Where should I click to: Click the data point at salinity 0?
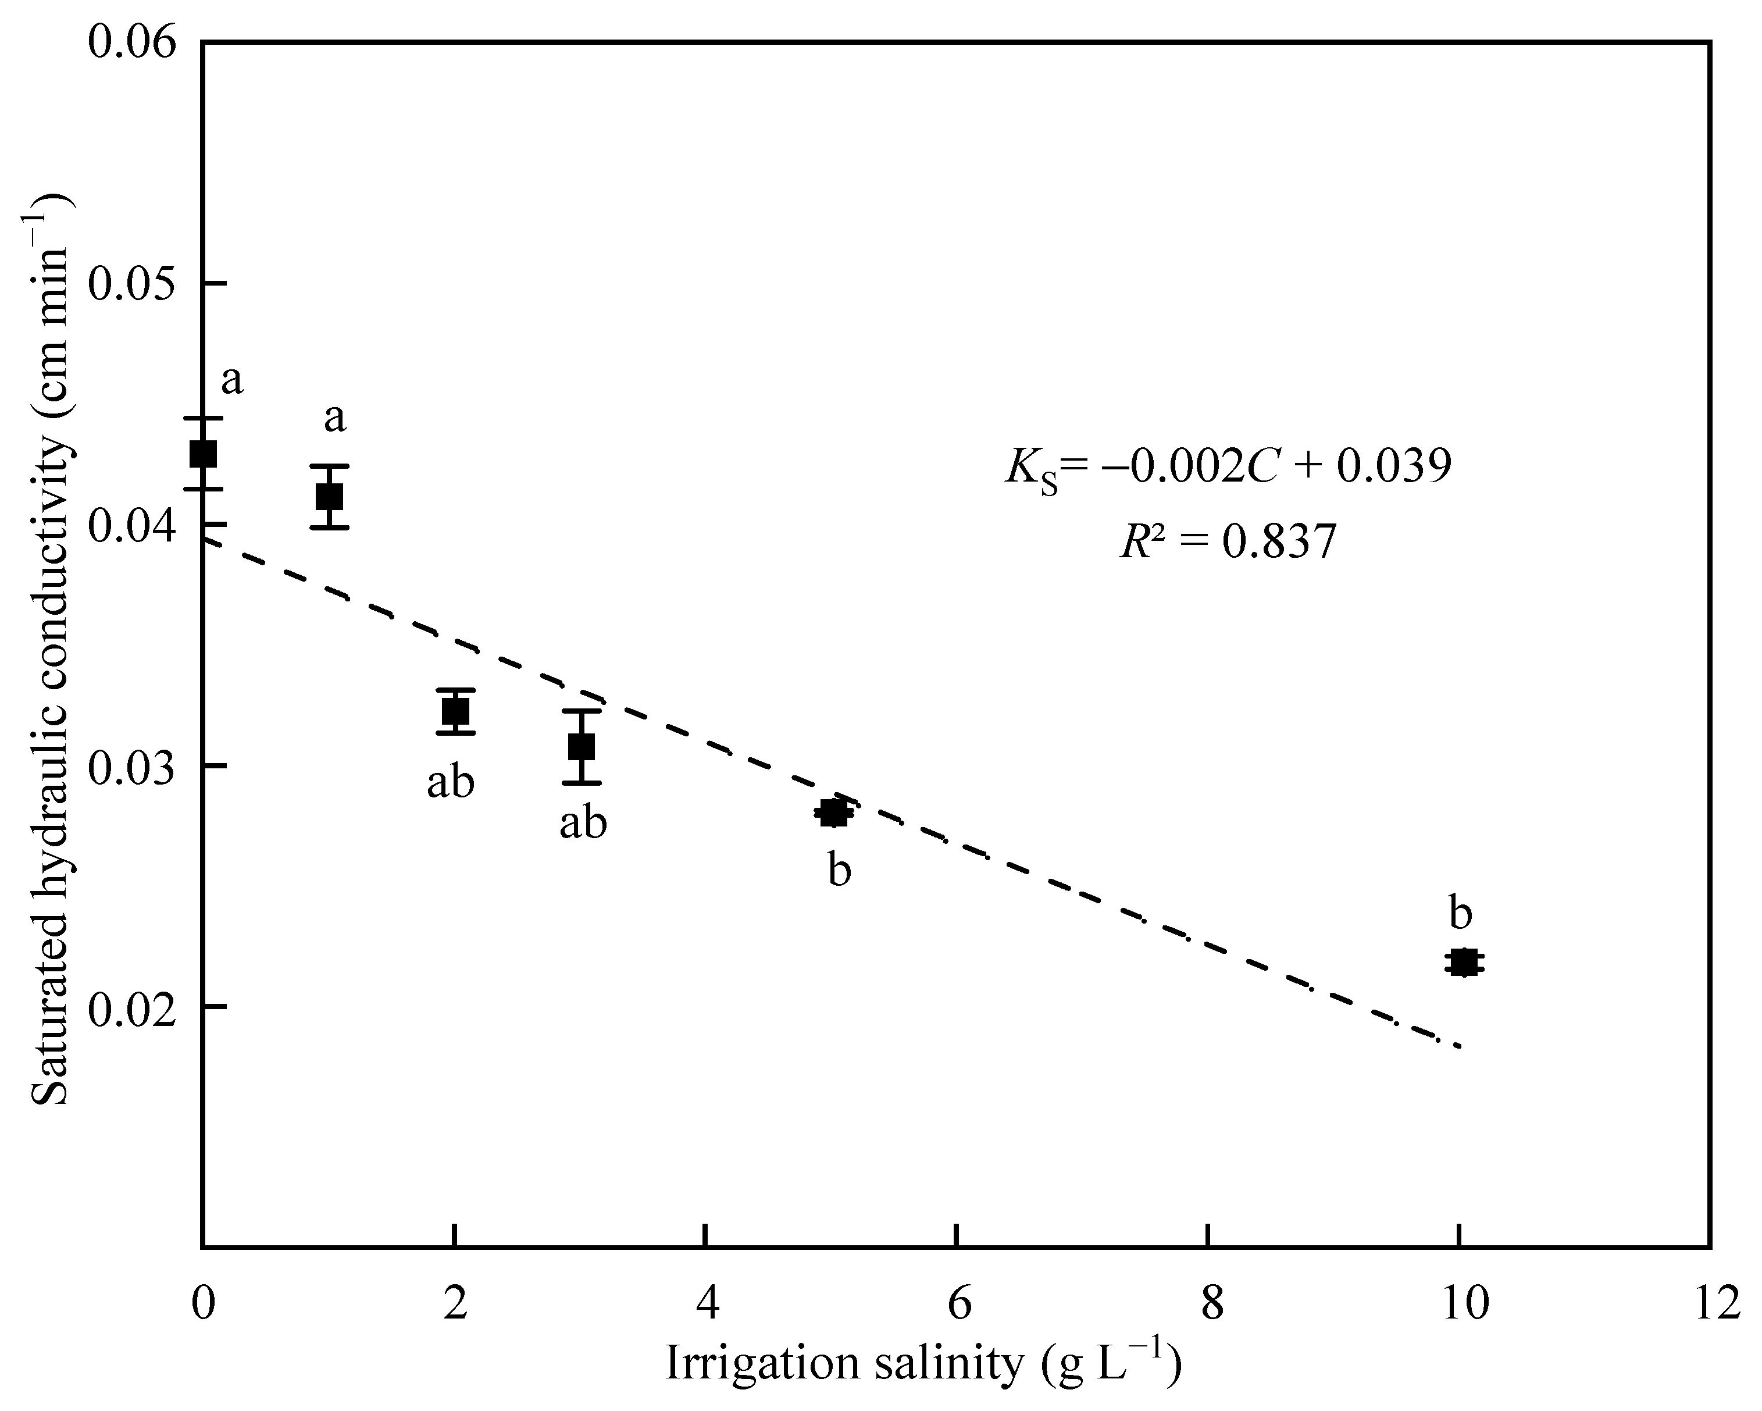(204, 453)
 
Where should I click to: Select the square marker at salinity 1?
(329, 496)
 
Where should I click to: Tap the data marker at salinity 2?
(455, 712)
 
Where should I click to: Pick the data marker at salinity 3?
(581, 746)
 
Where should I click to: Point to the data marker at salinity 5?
(833, 813)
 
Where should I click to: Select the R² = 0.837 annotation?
(1228, 541)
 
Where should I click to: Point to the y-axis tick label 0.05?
(133, 284)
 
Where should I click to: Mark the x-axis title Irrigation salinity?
(923, 1363)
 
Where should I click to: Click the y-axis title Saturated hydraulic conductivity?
(51, 650)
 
